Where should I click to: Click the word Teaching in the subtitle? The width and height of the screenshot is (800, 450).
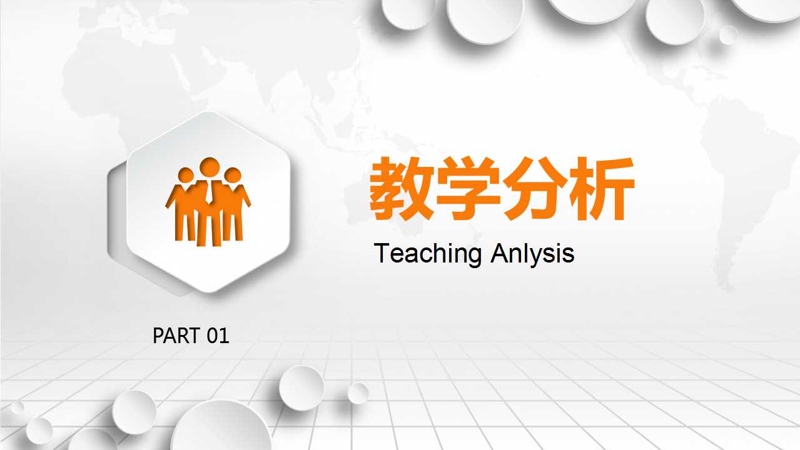(x=428, y=254)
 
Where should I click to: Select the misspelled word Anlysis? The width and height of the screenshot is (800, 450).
(x=532, y=254)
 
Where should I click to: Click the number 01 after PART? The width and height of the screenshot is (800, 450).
(x=218, y=336)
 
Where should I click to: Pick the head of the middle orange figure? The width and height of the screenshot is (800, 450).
(x=209, y=167)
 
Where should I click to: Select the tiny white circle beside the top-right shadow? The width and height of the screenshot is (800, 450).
(x=729, y=35)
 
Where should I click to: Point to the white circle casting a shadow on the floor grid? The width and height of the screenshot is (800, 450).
(x=301, y=387)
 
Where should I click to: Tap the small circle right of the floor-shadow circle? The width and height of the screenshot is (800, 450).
(x=358, y=393)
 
